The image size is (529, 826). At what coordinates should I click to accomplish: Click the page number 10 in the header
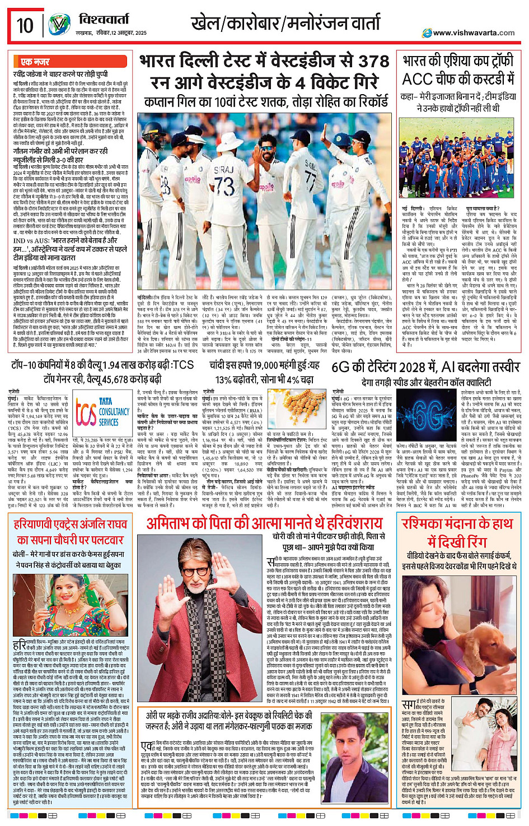coord(25,25)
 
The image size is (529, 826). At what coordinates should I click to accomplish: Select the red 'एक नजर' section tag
coord(35,62)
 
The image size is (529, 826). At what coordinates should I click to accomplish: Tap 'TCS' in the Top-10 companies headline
coord(183,365)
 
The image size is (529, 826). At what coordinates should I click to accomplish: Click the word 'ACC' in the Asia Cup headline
coord(417,80)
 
